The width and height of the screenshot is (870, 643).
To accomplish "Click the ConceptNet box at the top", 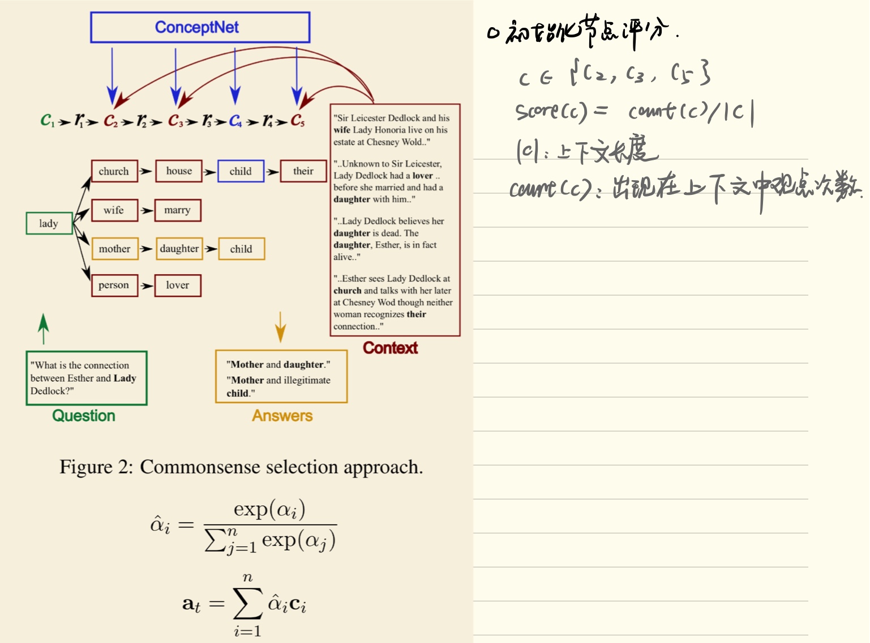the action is (x=200, y=27).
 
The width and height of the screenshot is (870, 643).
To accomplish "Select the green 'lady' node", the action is (x=49, y=223).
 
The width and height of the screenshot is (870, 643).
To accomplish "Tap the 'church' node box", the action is (x=114, y=171).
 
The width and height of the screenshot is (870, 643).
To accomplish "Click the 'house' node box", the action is (x=179, y=171).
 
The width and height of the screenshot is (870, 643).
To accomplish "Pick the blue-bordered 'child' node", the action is (x=241, y=171).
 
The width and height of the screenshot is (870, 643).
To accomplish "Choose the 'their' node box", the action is (x=303, y=171).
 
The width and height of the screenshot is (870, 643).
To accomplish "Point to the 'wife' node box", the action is (x=114, y=210).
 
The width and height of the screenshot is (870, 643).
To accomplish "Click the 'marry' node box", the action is (x=178, y=210).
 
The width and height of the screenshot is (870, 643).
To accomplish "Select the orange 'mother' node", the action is (x=114, y=249).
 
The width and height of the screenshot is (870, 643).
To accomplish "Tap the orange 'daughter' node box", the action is (x=179, y=249).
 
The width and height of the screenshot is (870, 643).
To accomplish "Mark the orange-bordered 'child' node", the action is (x=241, y=249).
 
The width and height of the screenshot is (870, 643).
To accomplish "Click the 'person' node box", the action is (x=114, y=285).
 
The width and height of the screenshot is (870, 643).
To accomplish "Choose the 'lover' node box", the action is (x=178, y=285).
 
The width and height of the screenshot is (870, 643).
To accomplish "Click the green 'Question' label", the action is (x=84, y=416).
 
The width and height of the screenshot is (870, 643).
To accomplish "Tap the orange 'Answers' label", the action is (x=282, y=416).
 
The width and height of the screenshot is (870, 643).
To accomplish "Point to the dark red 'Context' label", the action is (x=391, y=348).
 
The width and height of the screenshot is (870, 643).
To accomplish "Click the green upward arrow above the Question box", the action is (x=44, y=329).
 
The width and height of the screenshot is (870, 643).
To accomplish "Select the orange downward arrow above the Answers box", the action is (x=280, y=327).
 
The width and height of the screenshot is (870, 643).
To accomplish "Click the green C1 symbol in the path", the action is (x=48, y=120).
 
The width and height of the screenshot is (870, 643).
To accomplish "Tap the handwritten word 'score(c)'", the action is (x=551, y=112).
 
